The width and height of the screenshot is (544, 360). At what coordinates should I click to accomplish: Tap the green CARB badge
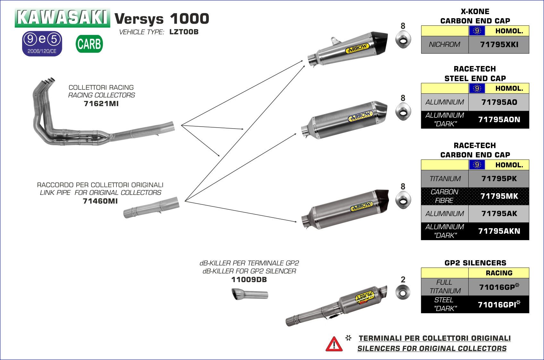pos(89,44)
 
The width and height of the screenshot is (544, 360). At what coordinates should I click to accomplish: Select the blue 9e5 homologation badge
pos(42,44)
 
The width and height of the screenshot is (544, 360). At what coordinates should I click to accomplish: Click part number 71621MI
pos(101,104)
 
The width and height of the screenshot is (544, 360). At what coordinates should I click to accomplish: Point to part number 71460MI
pos(100,201)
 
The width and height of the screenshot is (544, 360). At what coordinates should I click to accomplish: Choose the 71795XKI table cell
pos(499,45)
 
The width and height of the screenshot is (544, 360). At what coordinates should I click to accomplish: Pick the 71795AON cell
pos(499,120)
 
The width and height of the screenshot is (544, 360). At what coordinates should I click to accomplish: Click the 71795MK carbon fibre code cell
pos(499,196)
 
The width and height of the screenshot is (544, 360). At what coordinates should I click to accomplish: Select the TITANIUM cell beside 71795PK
pos(445,179)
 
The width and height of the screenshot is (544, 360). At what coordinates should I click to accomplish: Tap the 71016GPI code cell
pos(499,305)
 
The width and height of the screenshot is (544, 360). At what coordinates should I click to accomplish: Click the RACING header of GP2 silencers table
pos(499,273)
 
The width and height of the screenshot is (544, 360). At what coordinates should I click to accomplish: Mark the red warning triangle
pos(334,344)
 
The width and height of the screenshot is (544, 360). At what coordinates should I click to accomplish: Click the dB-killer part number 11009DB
pos(249,280)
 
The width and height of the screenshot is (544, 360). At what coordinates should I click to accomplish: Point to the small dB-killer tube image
pos(250,294)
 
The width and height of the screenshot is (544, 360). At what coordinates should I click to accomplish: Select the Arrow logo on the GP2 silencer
pos(365,297)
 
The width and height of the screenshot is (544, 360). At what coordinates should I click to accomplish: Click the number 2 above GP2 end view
pos(403,280)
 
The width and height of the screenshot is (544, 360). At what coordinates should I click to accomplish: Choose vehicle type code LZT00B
pos(184,32)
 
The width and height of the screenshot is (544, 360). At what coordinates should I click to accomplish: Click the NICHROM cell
pos(445,45)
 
